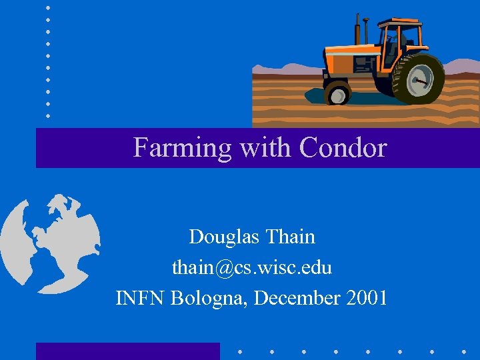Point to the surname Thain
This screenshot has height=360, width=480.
290,237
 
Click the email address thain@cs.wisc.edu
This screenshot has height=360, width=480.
252,267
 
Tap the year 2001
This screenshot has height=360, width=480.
367,298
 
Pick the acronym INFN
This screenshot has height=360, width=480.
141,298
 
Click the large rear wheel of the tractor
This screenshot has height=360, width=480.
418,79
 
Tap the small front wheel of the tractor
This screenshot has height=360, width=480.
337,93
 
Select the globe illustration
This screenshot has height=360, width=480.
50,243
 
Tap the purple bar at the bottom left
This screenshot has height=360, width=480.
127,351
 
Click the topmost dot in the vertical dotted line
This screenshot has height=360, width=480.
48,7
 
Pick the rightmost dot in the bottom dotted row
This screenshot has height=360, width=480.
464,351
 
